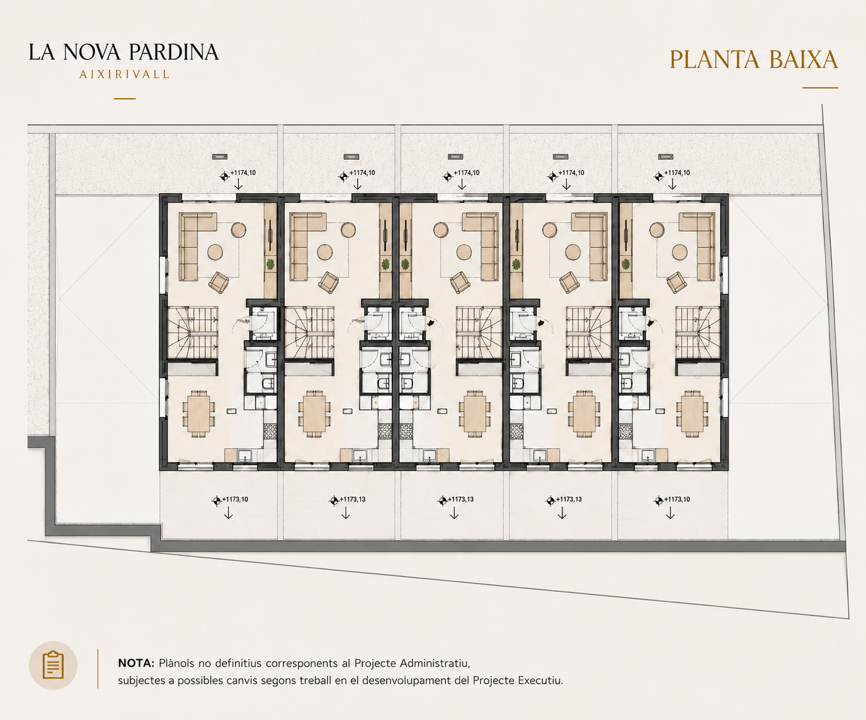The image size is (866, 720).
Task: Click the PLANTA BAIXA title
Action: (754, 60)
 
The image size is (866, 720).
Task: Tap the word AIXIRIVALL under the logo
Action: (125, 75)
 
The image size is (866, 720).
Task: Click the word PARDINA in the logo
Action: (173, 52)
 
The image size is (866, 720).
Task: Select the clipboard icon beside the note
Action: (54, 665)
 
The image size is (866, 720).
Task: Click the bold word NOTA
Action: (136, 663)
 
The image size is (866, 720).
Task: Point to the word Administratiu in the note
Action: (435, 663)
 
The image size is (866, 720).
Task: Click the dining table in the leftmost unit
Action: (199, 413)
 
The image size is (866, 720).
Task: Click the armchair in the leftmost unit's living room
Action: (219, 283)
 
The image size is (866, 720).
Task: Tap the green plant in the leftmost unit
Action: (270, 264)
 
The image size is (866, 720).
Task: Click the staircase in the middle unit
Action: (479, 332)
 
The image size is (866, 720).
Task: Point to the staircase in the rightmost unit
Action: (698, 332)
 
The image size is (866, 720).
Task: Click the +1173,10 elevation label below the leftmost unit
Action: (235, 499)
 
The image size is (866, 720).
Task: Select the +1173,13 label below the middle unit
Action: (460, 499)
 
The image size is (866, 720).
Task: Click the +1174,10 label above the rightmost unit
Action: (677, 172)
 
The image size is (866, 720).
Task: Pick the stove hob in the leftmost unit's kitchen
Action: (270, 431)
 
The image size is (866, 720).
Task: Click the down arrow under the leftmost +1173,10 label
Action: (228, 514)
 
